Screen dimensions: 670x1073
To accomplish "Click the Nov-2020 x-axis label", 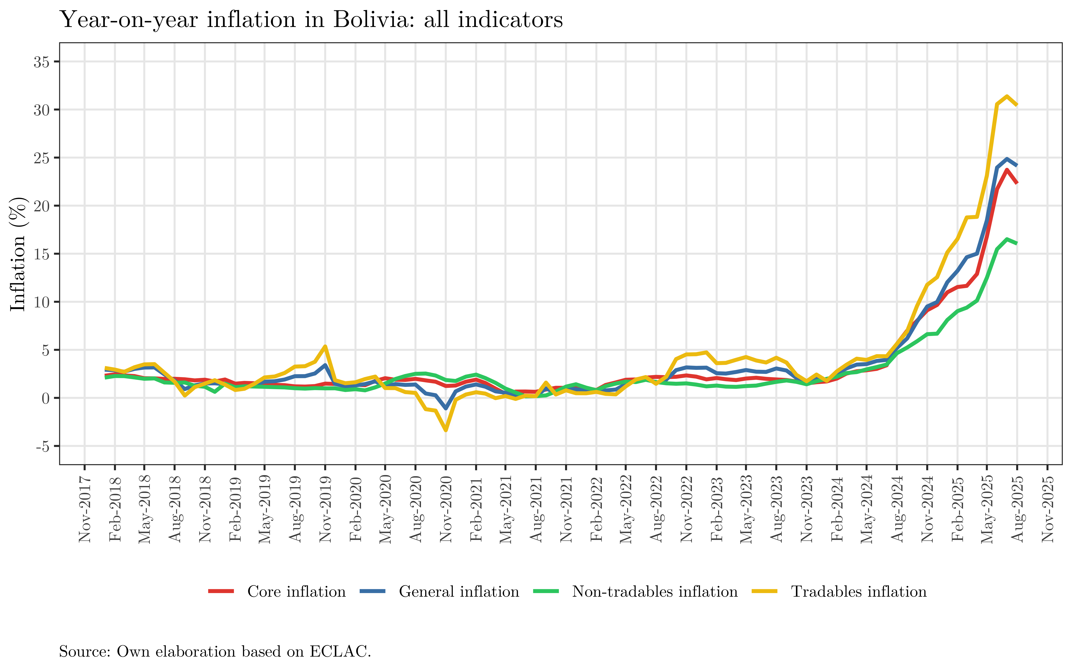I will click(446, 510).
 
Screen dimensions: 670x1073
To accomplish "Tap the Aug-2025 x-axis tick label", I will click(1017, 510).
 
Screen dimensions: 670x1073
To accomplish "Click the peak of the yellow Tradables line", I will click(1007, 96).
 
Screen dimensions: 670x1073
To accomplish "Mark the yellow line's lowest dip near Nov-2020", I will click(446, 430).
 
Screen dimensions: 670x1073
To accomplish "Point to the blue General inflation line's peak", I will click(1007, 159).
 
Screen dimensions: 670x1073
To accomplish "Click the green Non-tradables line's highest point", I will click(1007, 239).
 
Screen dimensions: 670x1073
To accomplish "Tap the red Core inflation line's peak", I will click(1007, 170).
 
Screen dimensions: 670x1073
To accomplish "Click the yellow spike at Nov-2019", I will click(325, 346).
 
